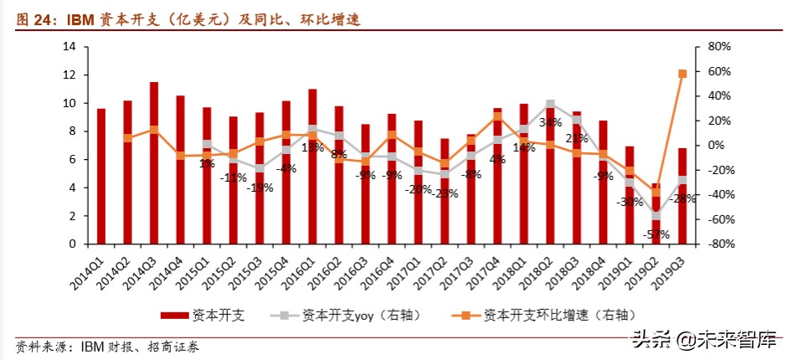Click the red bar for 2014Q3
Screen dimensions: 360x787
pyautogui.click(x=154, y=163)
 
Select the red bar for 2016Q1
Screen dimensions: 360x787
pyautogui.click(x=312, y=167)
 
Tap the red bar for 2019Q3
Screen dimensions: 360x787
pyautogui.click(x=682, y=196)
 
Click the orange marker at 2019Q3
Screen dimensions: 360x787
pyautogui.click(x=682, y=74)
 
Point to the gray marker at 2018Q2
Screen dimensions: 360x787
pyautogui.click(x=550, y=105)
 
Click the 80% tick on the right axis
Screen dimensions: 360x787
pyautogui.click(x=719, y=46)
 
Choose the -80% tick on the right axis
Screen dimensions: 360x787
pyautogui.click(x=719, y=244)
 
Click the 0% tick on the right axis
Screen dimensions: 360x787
pyautogui.click(x=719, y=145)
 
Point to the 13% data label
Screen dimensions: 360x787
pyautogui.click(x=312, y=147)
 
